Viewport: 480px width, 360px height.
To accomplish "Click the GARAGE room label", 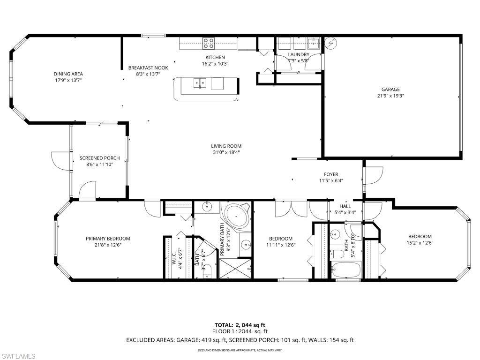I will (390, 89).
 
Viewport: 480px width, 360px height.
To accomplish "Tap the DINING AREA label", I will (68, 74).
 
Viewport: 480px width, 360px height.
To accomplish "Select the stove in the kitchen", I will (209, 44).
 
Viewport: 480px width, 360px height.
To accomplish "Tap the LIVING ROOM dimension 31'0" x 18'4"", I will (226, 152).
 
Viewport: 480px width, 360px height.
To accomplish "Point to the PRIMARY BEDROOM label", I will (108, 239).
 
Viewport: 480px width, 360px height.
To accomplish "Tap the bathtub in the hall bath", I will (345, 270).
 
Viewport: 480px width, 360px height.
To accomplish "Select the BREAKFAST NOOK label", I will (148, 68).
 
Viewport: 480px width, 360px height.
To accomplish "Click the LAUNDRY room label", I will (298, 55).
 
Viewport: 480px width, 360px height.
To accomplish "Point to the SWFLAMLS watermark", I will (19, 356).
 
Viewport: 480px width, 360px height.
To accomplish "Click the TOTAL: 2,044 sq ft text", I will (240, 325).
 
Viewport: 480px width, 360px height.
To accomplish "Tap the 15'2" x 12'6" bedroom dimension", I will (420, 243).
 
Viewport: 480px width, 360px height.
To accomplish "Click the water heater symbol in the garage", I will (331, 43).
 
